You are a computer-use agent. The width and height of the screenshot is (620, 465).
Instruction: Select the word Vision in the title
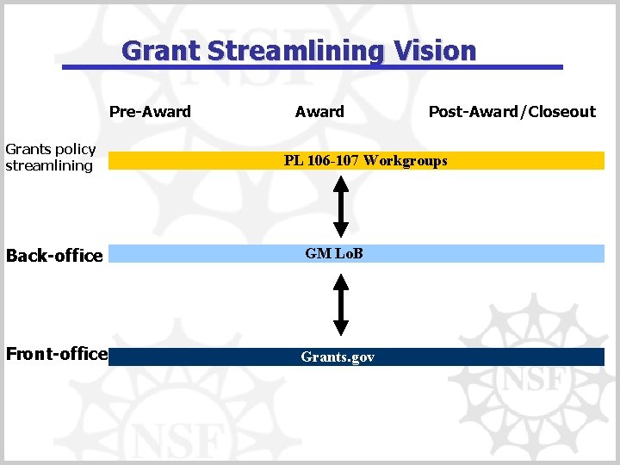point(435,51)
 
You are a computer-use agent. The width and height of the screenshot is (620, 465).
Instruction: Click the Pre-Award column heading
point(150,111)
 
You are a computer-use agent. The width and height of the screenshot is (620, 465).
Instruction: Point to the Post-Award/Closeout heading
point(512,111)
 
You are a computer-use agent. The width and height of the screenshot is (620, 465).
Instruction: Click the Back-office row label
point(54,256)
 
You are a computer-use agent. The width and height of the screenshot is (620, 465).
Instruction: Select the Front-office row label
point(56,354)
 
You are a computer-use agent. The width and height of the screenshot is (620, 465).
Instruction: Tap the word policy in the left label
point(75,150)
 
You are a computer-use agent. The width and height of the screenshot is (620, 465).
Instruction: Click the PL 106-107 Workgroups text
point(365,160)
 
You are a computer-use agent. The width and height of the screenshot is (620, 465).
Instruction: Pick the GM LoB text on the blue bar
point(334,253)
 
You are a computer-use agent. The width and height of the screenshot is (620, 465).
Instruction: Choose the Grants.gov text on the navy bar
point(338,356)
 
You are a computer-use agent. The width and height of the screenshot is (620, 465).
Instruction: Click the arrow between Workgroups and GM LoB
point(341,205)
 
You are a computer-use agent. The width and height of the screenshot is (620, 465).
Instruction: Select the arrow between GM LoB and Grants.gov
point(341,305)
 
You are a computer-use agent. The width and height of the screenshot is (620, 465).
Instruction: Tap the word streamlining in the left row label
point(49,165)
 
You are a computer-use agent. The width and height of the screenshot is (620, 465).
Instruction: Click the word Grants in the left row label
point(27,150)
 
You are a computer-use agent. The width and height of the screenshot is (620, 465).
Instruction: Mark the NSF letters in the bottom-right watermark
point(532,379)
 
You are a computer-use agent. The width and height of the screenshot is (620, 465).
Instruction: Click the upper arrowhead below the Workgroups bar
point(341,182)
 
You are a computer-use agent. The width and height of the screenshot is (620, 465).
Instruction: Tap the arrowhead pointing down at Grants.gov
point(341,327)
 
